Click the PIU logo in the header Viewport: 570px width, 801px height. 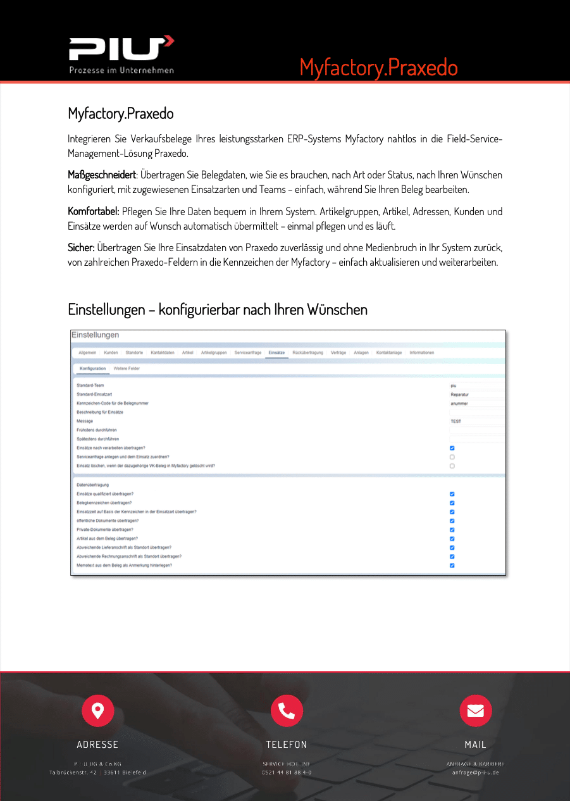pyautogui.click(x=121, y=54)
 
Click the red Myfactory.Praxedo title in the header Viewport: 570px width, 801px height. pyautogui.click(x=378, y=67)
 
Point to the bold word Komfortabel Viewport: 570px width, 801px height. pyautogui.click(x=93, y=211)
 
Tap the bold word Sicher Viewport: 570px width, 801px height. pyautogui.click(x=81, y=247)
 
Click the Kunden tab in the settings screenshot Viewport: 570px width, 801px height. pyautogui.click(x=111, y=352)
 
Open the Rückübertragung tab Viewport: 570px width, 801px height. pyautogui.click(x=308, y=352)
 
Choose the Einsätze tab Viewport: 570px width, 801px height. pyautogui.click(x=276, y=352)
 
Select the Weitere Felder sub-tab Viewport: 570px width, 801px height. pyautogui.click(x=127, y=368)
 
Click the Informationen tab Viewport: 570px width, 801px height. pyautogui.click(x=421, y=352)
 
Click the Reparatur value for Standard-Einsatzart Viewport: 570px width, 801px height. pyautogui.click(x=459, y=394)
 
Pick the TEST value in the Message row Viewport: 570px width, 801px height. pyautogui.click(x=455, y=421)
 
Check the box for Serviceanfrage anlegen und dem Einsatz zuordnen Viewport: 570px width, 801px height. pyautogui.click(x=452, y=457)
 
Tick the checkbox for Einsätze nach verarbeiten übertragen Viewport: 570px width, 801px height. pyautogui.click(x=452, y=448)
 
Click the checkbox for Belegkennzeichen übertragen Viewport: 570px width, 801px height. pyautogui.click(x=452, y=503)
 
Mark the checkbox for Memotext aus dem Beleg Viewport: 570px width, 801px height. pyautogui.click(x=452, y=566)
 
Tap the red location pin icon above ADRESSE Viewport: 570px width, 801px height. pyautogui.click(x=97, y=711)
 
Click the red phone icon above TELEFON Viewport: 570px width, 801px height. pyautogui.click(x=287, y=711)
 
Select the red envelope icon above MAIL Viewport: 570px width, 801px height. pyautogui.click(x=475, y=711)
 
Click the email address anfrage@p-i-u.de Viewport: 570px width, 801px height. pyautogui.click(x=475, y=773)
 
